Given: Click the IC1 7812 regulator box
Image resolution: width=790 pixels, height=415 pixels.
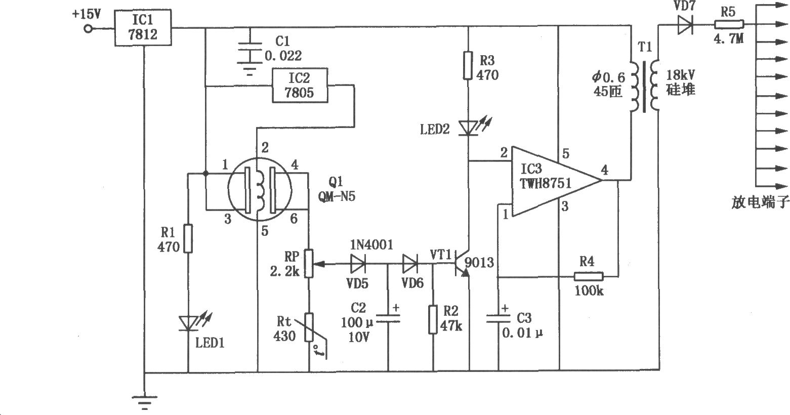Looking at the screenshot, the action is (x=143, y=27).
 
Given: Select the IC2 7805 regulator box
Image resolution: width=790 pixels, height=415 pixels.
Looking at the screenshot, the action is (x=300, y=86).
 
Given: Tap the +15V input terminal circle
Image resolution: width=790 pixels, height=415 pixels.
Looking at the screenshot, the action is (x=88, y=28).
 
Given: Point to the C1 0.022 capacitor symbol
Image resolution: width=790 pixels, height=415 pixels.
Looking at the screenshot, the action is (x=250, y=53).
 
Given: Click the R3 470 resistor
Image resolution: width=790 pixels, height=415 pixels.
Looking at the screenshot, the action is (x=468, y=65).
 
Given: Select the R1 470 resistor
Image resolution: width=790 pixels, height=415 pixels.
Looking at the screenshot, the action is (x=188, y=238).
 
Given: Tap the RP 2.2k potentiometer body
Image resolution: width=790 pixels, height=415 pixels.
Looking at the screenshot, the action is (x=309, y=263).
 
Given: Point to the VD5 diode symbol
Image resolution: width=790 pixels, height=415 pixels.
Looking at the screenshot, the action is (x=358, y=264).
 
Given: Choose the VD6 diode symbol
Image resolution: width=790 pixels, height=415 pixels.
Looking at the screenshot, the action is (x=410, y=264).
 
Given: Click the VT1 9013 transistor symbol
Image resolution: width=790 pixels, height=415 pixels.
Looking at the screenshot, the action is (x=462, y=264).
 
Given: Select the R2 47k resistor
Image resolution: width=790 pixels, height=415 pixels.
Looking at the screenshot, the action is (x=433, y=319).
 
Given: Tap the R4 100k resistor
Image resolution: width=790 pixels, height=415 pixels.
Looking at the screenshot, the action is (x=588, y=276).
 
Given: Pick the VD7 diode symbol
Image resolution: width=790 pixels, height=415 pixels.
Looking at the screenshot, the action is (x=685, y=25).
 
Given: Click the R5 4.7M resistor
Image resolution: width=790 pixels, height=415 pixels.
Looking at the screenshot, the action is (x=729, y=25).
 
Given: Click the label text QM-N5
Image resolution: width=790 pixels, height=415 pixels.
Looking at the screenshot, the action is (x=337, y=196).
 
